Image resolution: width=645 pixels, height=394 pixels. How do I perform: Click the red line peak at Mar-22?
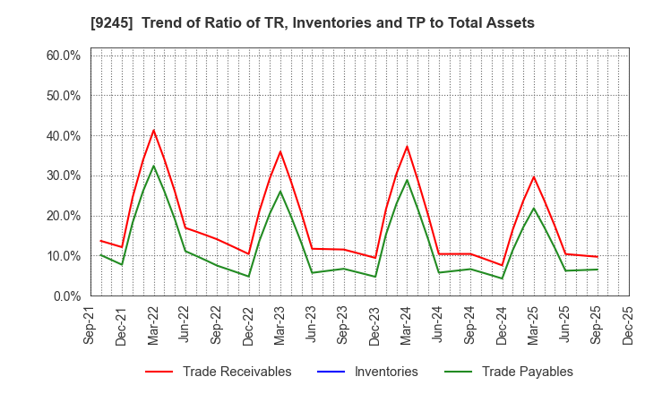tap(153, 130)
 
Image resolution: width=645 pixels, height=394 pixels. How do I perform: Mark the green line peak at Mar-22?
tap(153, 166)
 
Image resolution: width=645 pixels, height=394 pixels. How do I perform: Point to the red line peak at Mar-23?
tap(280, 151)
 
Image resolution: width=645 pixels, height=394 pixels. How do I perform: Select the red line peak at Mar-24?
tap(407, 147)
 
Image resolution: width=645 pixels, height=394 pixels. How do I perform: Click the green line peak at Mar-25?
tap(534, 208)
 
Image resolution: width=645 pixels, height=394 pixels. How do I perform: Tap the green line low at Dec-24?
tap(502, 278)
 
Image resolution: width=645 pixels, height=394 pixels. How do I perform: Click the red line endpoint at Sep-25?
tap(597, 257)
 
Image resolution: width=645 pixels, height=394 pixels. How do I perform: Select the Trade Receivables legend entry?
tap(236, 372)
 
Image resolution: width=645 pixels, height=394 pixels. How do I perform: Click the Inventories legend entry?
tap(384, 372)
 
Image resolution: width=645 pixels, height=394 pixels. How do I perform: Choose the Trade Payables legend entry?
tap(527, 372)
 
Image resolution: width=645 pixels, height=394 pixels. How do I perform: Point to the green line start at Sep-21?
tap(100, 255)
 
